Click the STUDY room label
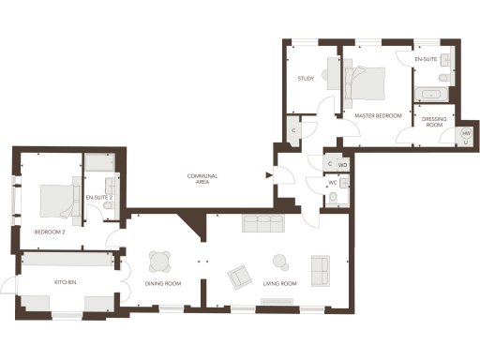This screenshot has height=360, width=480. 306,79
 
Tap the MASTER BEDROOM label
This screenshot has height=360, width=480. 378,115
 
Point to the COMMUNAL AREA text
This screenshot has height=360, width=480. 202,180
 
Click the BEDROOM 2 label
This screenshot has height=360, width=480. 49,232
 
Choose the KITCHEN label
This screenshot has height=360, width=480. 65,282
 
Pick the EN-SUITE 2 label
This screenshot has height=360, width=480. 98,198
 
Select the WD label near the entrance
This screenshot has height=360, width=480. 342,165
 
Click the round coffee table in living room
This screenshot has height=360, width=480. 279,261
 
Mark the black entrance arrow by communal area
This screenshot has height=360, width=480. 269,174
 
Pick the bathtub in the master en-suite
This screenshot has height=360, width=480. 433,95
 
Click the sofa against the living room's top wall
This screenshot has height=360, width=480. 263,223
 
